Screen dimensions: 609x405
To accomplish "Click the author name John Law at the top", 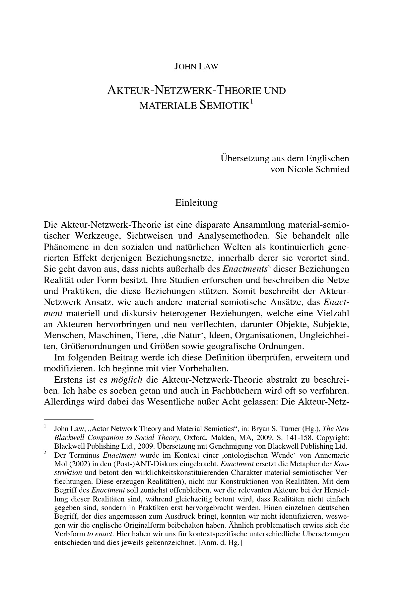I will click(x=196, y=66).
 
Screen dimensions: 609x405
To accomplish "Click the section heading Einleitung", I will click(x=196, y=202).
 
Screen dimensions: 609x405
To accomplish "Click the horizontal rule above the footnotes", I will click(x=69, y=419).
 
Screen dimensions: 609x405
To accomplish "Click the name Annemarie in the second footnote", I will click(x=334, y=455).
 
